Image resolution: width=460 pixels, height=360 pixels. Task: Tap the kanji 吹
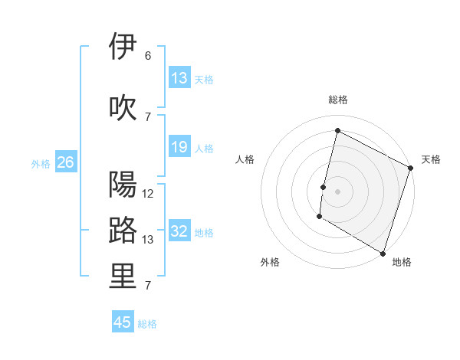tap(123, 107)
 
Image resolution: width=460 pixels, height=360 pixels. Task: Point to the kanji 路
tap(123, 230)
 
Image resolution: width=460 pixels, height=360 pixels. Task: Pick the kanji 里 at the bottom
tap(123, 277)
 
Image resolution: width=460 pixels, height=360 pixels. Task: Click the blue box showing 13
tap(179, 78)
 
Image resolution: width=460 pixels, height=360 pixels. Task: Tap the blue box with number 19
tap(179, 147)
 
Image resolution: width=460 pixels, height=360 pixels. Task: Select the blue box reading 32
tap(179, 232)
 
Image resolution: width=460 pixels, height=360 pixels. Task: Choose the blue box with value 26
tap(65, 162)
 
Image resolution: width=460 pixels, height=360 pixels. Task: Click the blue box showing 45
tap(123, 322)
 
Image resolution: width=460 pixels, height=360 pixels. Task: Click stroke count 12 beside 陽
tap(148, 194)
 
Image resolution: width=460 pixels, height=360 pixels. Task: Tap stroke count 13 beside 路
tap(148, 240)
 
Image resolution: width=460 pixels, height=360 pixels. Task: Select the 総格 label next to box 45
tap(147, 324)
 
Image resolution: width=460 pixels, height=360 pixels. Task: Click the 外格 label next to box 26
tap(41, 163)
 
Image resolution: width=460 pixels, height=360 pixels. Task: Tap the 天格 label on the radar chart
tap(431, 159)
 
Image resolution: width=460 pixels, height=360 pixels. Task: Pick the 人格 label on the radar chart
tap(245, 159)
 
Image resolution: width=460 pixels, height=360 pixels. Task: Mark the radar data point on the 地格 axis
tap(383, 253)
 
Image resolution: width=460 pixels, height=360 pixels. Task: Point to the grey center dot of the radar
tap(337, 191)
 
